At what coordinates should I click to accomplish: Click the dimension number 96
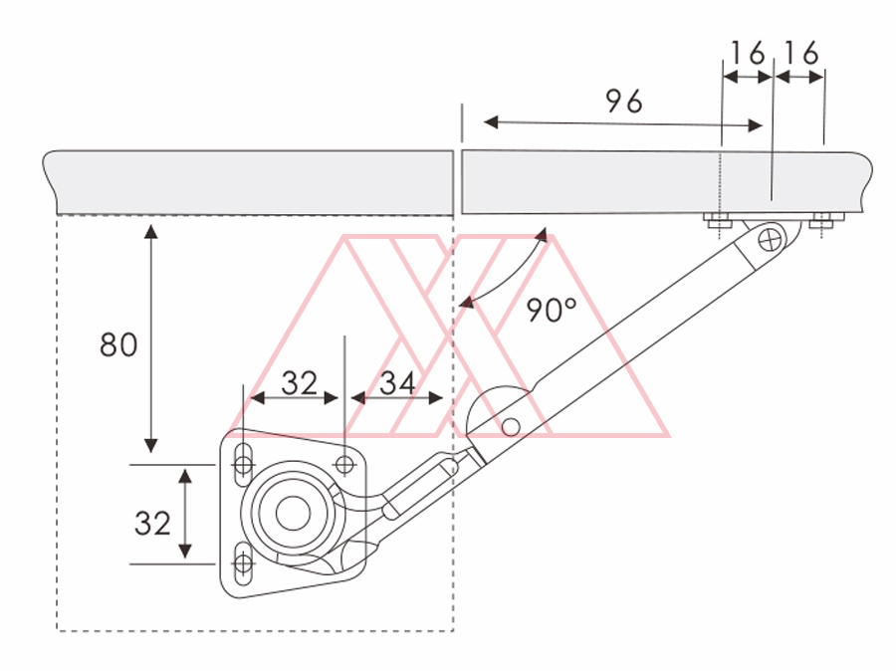[x=624, y=102]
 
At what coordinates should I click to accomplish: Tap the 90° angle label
[x=552, y=311]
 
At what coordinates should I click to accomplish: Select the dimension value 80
[x=118, y=345]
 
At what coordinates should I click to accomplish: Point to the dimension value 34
[x=397, y=382]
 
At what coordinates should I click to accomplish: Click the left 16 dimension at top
[x=747, y=53]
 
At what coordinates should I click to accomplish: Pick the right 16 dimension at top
[x=800, y=53]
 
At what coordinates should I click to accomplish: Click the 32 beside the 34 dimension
[x=298, y=382]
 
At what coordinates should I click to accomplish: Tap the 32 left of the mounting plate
[x=152, y=523]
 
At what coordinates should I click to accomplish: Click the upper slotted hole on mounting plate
[x=242, y=463]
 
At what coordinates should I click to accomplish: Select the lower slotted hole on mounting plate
[x=242, y=563]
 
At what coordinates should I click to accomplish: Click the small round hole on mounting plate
[x=345, y=464]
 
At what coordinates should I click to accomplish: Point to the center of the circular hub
[x=292, y=514]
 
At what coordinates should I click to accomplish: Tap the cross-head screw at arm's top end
[x=771, y=239]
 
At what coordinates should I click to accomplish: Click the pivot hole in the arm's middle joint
[x=511, y=427]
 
